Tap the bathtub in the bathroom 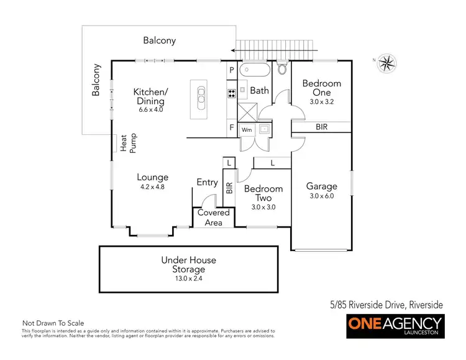pos(255,69)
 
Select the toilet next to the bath pos(282,68)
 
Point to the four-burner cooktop pos(231,95)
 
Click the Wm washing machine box pos(247,130)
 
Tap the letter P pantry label pos(231,70)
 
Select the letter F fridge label pos(231,127)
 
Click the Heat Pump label pos(128,143)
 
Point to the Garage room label pos(322,186)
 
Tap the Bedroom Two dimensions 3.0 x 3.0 pos(263,207)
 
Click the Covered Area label pos(214,217)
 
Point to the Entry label pos(207,182)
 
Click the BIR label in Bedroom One pos(322,127)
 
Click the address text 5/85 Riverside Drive pos(386,305)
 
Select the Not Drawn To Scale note pos(53,323)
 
